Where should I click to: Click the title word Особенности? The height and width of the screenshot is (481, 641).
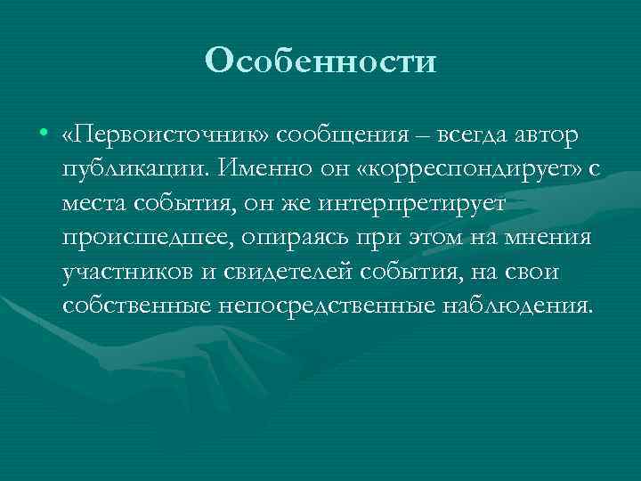320,61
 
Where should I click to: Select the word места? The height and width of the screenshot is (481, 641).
94,203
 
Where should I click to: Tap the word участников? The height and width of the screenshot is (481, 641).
126,271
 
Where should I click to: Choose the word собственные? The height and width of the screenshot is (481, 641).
135,305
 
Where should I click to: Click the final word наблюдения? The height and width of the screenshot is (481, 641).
513,305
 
